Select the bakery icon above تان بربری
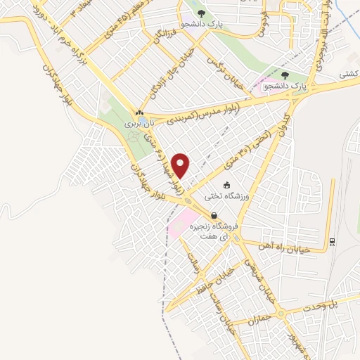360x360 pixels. click(139, 112)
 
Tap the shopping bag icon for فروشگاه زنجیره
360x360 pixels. click(214, 216)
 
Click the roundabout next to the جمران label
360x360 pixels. click(282, 314)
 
